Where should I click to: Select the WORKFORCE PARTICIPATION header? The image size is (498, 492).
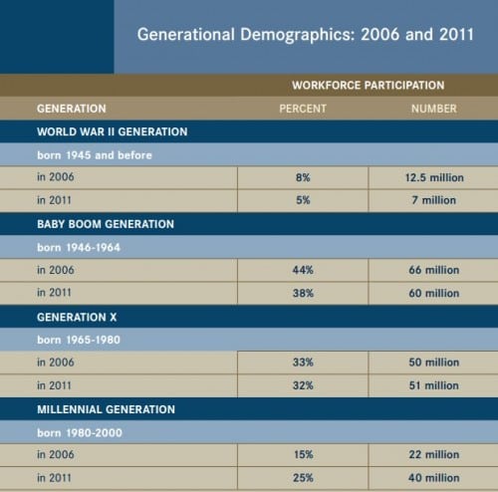pos(369,86)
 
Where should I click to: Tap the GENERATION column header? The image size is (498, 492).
pos(71,108)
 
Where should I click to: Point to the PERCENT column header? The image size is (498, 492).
pos(302,108)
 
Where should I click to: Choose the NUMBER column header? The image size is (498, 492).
pos(433,108)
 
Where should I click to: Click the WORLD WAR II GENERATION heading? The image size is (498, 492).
pos(113,130)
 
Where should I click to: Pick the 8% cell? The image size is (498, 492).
pos(302,177)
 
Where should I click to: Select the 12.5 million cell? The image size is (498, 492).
pos(433,177)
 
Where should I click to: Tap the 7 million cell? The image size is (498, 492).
pos(433,200)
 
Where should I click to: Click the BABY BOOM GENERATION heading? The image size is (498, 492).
pos(106,224)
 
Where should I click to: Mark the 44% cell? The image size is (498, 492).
pos(302,270)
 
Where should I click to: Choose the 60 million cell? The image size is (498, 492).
pos(433,293)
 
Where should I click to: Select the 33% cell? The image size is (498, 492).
pos(302,363)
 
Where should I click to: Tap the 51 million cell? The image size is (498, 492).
pos(433,385)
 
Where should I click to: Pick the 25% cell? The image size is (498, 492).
pos(302,478)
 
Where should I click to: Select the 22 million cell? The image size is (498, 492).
pos(433,455)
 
